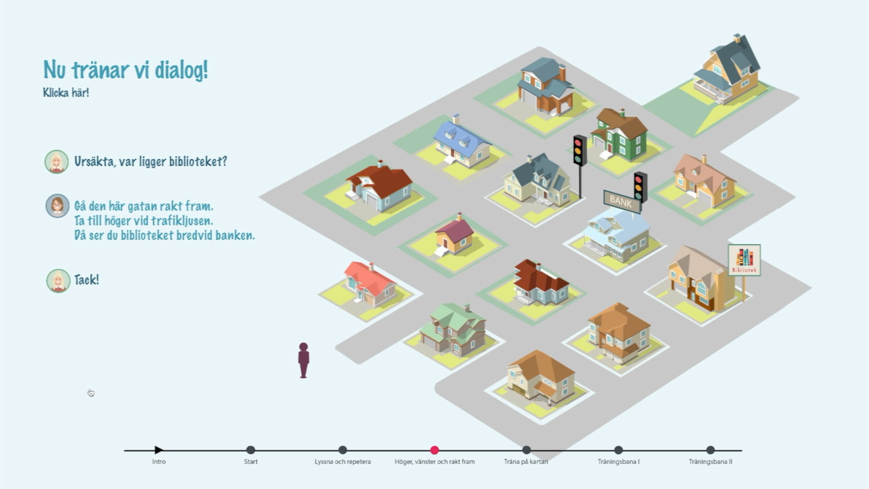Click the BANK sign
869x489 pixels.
(x=621, y=201)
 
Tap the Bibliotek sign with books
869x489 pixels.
(x=744, y=260)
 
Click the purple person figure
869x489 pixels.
(x=303, y=360)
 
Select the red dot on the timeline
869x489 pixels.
(x=434, y=450)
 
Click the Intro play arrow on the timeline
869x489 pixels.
(x=158, y=450)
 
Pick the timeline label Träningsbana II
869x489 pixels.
(x=710, y=462)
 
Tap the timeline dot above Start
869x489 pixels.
(x=250, y=450)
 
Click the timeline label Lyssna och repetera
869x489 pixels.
(x=343, y=462)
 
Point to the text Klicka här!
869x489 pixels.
(x=66, y=93)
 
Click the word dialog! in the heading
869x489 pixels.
(x=181, y=70)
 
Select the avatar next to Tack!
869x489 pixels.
(x=58, y=281)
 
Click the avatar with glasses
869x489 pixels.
(x=57, y=206)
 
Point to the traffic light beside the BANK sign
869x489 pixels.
(x=640, y=186)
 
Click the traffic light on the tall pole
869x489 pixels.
(x=579, y=150)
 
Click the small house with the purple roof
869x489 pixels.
(x=454, y=235)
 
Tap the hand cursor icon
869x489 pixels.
(x=91, y=393)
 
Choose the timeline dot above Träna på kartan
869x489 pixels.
(x=526, y=450)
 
